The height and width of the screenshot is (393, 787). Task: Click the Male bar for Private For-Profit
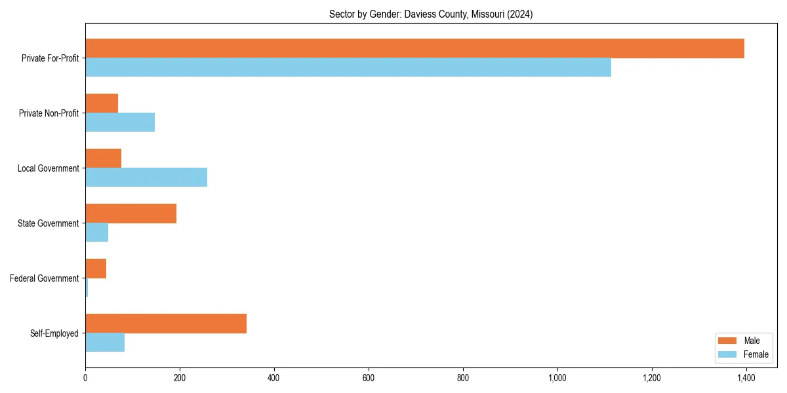(x=414, y=48)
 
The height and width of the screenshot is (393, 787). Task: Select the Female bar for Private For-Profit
(x=348, y=67)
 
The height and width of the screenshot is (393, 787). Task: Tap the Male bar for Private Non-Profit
(x=102, y=103)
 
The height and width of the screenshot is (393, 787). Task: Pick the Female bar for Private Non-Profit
(x=120, y=122)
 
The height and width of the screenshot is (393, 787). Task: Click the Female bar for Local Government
(x=146, y=178)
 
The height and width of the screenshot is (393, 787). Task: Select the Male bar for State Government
(x=131, y=214)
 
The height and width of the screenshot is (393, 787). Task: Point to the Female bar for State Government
(x=97, y=233)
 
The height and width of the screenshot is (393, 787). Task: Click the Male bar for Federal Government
(x=96, y=269)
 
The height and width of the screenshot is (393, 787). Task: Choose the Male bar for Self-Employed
(x=166, y=324)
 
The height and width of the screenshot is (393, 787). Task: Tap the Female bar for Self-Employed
(x=105, y=343)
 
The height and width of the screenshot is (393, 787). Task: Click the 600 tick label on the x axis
(x=369, y=378)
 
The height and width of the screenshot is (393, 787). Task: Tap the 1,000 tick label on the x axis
(x=557, y=378)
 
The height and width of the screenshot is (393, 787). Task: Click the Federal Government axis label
(x=45, y=278)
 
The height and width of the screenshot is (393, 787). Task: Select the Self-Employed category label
(x=54, y=333)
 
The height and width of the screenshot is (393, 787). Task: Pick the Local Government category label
(x=49, y=168)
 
